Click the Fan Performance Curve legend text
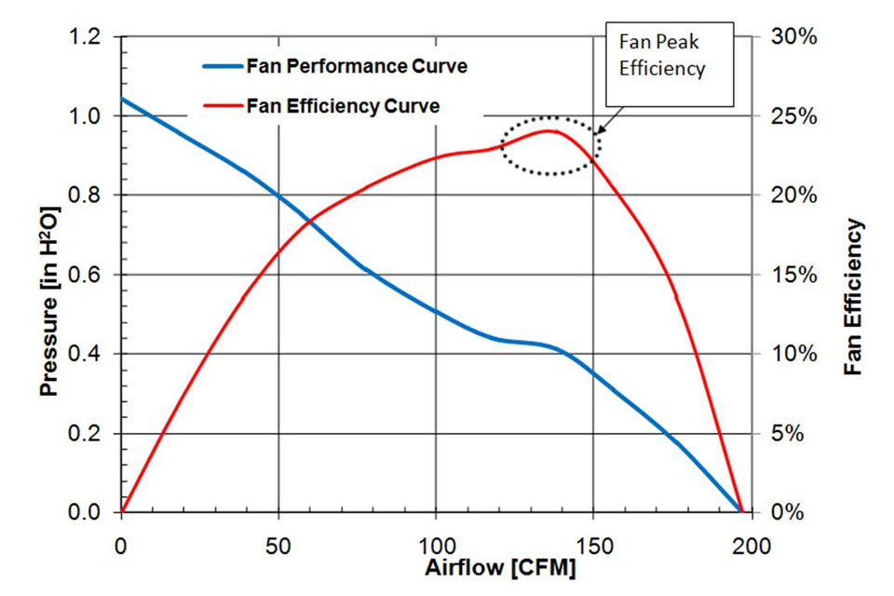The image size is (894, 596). click(357, 67)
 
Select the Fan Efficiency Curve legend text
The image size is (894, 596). click(343, 106)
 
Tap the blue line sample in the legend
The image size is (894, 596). click(221, 67)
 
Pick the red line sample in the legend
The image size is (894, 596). click(221, 106)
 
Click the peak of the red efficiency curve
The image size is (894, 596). click(550, 130)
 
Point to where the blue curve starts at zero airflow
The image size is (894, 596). click(122, 99)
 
